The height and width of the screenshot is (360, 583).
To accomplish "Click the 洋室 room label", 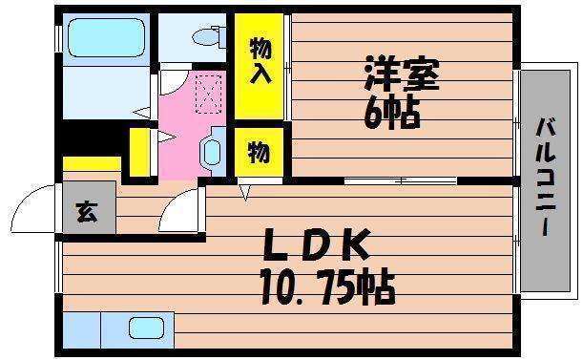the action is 403,74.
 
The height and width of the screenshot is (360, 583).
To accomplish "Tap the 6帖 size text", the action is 392,114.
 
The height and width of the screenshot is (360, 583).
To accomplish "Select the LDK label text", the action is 317,244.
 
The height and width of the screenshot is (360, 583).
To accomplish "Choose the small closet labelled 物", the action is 260,152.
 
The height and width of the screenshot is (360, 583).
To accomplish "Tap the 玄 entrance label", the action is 88,211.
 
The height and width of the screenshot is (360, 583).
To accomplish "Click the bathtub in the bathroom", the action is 106,37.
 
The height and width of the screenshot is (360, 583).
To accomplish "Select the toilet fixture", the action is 209,36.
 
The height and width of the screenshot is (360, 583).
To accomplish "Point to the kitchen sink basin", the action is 147,328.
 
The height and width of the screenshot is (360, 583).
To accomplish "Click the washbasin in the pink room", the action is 213,152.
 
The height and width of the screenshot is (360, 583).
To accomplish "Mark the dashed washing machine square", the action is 209,94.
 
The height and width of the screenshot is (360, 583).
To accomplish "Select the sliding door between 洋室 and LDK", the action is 401,181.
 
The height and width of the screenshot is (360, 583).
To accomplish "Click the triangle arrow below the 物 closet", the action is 245,193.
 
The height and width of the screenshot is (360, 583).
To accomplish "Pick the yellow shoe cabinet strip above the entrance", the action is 92,164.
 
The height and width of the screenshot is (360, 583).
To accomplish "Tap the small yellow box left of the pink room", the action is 140,152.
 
